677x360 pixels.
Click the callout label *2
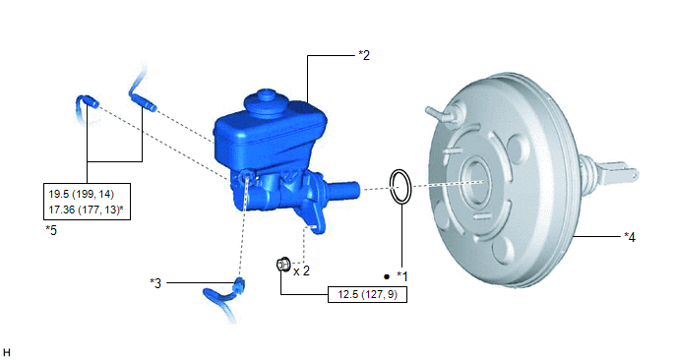364,55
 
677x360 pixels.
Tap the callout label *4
630,237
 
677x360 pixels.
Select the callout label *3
155,283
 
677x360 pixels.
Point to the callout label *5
51,230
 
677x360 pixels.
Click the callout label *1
401,276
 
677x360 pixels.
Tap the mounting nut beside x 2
283,264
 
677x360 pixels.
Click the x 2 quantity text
301,271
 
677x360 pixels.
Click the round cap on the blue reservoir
265,102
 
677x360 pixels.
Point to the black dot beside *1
387,276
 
